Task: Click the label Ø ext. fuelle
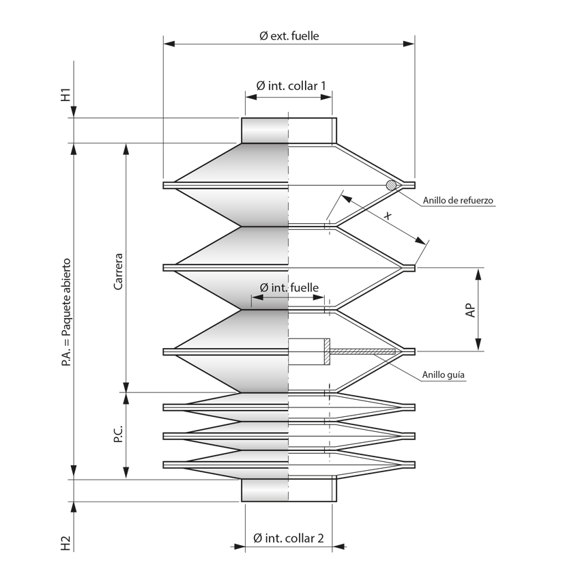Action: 289,35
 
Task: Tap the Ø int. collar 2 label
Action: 288,538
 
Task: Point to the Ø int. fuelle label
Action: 288,288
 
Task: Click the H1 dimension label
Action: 66,95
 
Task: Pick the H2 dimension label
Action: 66,543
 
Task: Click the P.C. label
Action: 118,435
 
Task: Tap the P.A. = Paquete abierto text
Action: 66,313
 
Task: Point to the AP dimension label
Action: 470,310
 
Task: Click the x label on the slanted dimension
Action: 388,216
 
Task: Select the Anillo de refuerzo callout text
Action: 458,201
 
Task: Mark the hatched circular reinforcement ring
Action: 391,185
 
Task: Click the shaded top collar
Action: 265,130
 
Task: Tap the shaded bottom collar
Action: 265,490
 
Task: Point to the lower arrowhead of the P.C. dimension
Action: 126,473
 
